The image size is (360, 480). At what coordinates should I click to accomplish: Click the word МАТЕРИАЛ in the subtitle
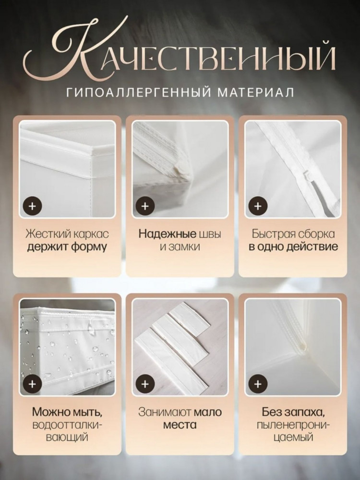[x=256, y=92]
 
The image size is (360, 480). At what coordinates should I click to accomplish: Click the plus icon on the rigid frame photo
[x=32, y=206]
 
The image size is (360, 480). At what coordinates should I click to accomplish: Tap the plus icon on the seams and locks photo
[x=145, y=206]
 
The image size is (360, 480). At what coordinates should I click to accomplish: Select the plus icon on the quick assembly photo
[x=258, y=206]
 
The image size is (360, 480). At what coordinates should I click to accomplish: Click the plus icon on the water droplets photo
[x=32, y=384]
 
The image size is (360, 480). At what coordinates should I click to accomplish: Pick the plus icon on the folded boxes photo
[x=145, y=384]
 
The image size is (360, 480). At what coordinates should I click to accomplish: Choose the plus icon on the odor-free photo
[x=258, y=384]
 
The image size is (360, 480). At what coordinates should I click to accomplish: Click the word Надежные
[x=167, y=234]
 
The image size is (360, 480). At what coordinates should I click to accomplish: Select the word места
[x=180, y=425]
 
